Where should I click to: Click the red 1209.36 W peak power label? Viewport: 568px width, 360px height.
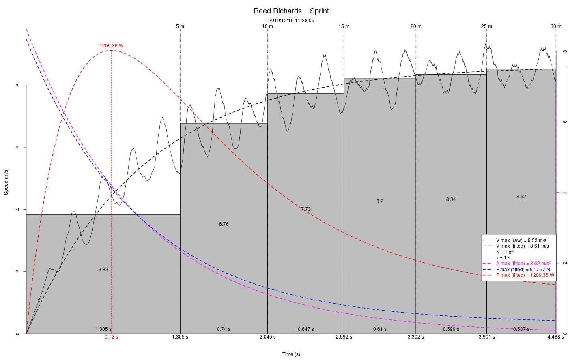pos(111,46)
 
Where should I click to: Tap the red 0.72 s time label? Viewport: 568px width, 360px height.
pos(111,337)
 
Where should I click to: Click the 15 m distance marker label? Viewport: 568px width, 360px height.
pos(344,26)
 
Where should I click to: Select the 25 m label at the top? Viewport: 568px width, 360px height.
pos(486,26)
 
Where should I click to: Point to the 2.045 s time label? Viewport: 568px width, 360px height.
pos(267,337)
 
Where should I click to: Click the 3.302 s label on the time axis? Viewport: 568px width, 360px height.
pos(415,337)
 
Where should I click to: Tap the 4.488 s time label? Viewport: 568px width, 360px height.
pos(555,337)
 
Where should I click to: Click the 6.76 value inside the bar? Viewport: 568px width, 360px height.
pos(224,224)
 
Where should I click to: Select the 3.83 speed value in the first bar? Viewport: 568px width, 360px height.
pos(103,270)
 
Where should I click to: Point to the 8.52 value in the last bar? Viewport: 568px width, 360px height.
pos(521,197)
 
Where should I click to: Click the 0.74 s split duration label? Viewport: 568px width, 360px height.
pos(224,329)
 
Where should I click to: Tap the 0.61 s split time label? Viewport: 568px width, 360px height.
pos(380,329)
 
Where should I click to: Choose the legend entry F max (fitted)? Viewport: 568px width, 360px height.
pos(523,269)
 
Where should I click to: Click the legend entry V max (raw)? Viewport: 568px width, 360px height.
pos(521,240)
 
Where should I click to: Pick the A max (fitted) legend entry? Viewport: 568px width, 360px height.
pos(523,264)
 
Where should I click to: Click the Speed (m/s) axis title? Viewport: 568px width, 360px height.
pos(6,181)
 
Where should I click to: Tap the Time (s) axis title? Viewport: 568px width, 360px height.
pos(291,354)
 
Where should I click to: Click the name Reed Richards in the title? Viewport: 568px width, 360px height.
pos(278,11)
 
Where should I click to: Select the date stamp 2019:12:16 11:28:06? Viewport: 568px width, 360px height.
pos(291,20)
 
